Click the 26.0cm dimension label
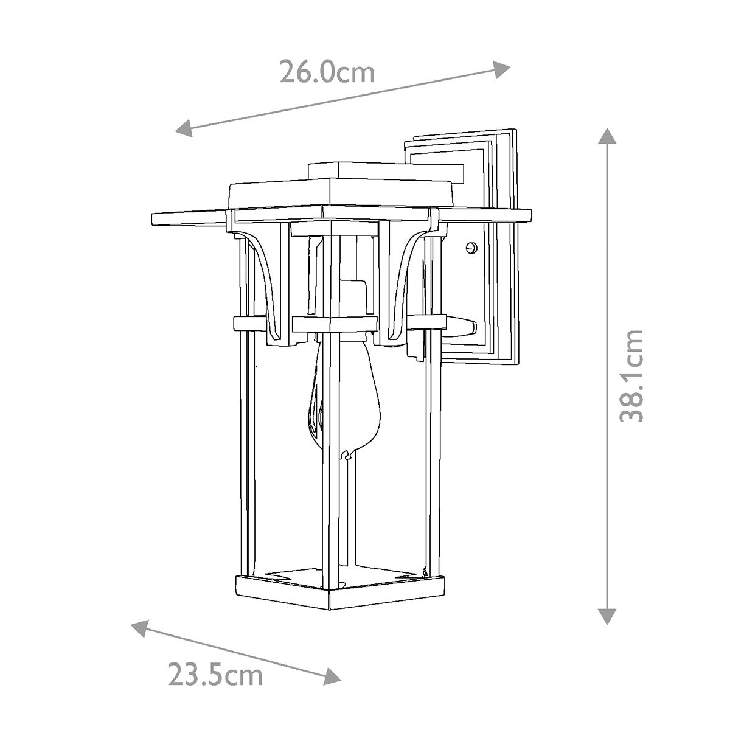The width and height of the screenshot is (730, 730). point(327,72)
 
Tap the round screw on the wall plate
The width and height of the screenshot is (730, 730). point(470,248)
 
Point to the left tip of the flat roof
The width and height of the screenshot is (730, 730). point(153,217)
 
